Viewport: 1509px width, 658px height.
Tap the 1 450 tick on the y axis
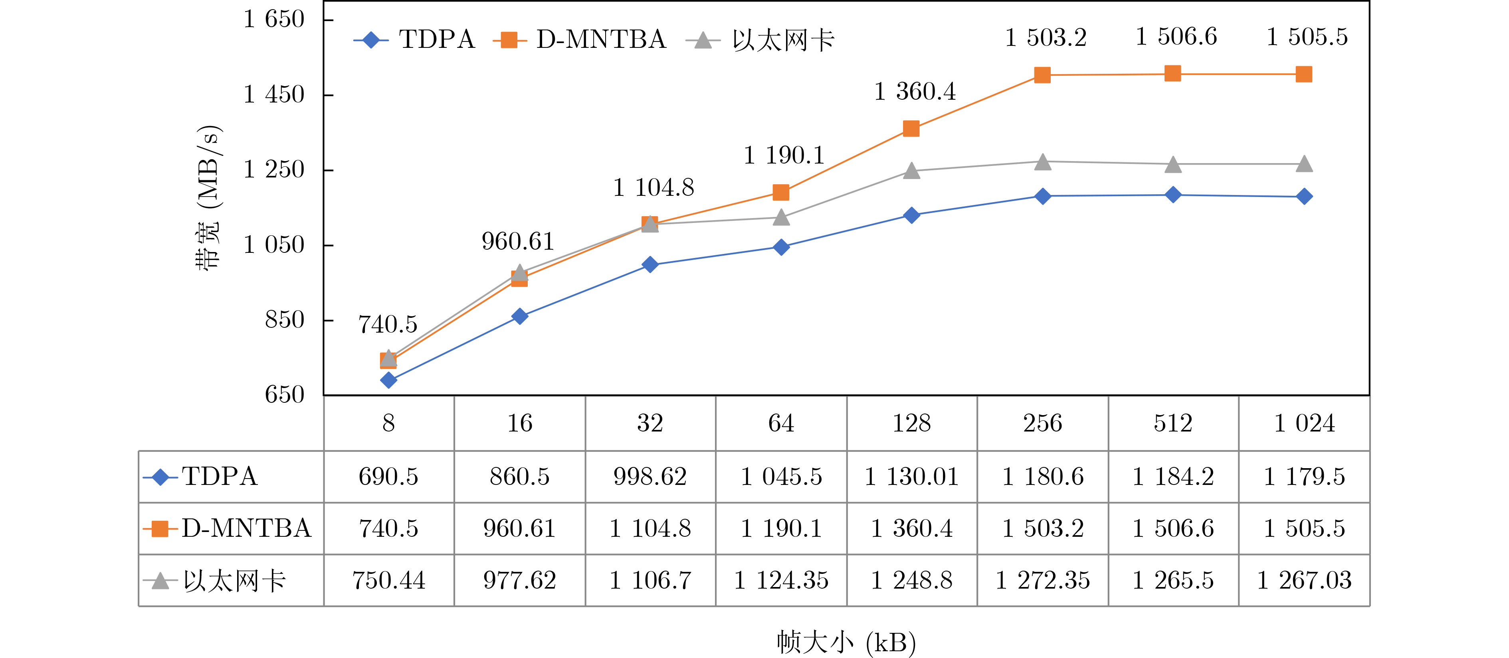(x=273, y=94)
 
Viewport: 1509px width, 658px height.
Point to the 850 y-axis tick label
(x=285, y=320)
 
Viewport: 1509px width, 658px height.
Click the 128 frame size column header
(x=911, y=423)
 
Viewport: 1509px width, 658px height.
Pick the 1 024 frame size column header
(x=1304, y=423)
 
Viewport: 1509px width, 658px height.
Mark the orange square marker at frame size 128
(x=911, y=129)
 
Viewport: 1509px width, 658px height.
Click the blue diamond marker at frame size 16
(x=520, y=316)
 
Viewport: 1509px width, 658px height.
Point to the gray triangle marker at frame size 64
(x=781, y=218)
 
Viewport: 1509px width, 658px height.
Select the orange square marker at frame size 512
(x=1173, y=74)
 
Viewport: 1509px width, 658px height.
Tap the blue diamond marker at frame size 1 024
(x=1304, y=197)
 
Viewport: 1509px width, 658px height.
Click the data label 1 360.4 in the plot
(x=915, y=92)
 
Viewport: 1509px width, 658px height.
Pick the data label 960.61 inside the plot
(x=518, y=242)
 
